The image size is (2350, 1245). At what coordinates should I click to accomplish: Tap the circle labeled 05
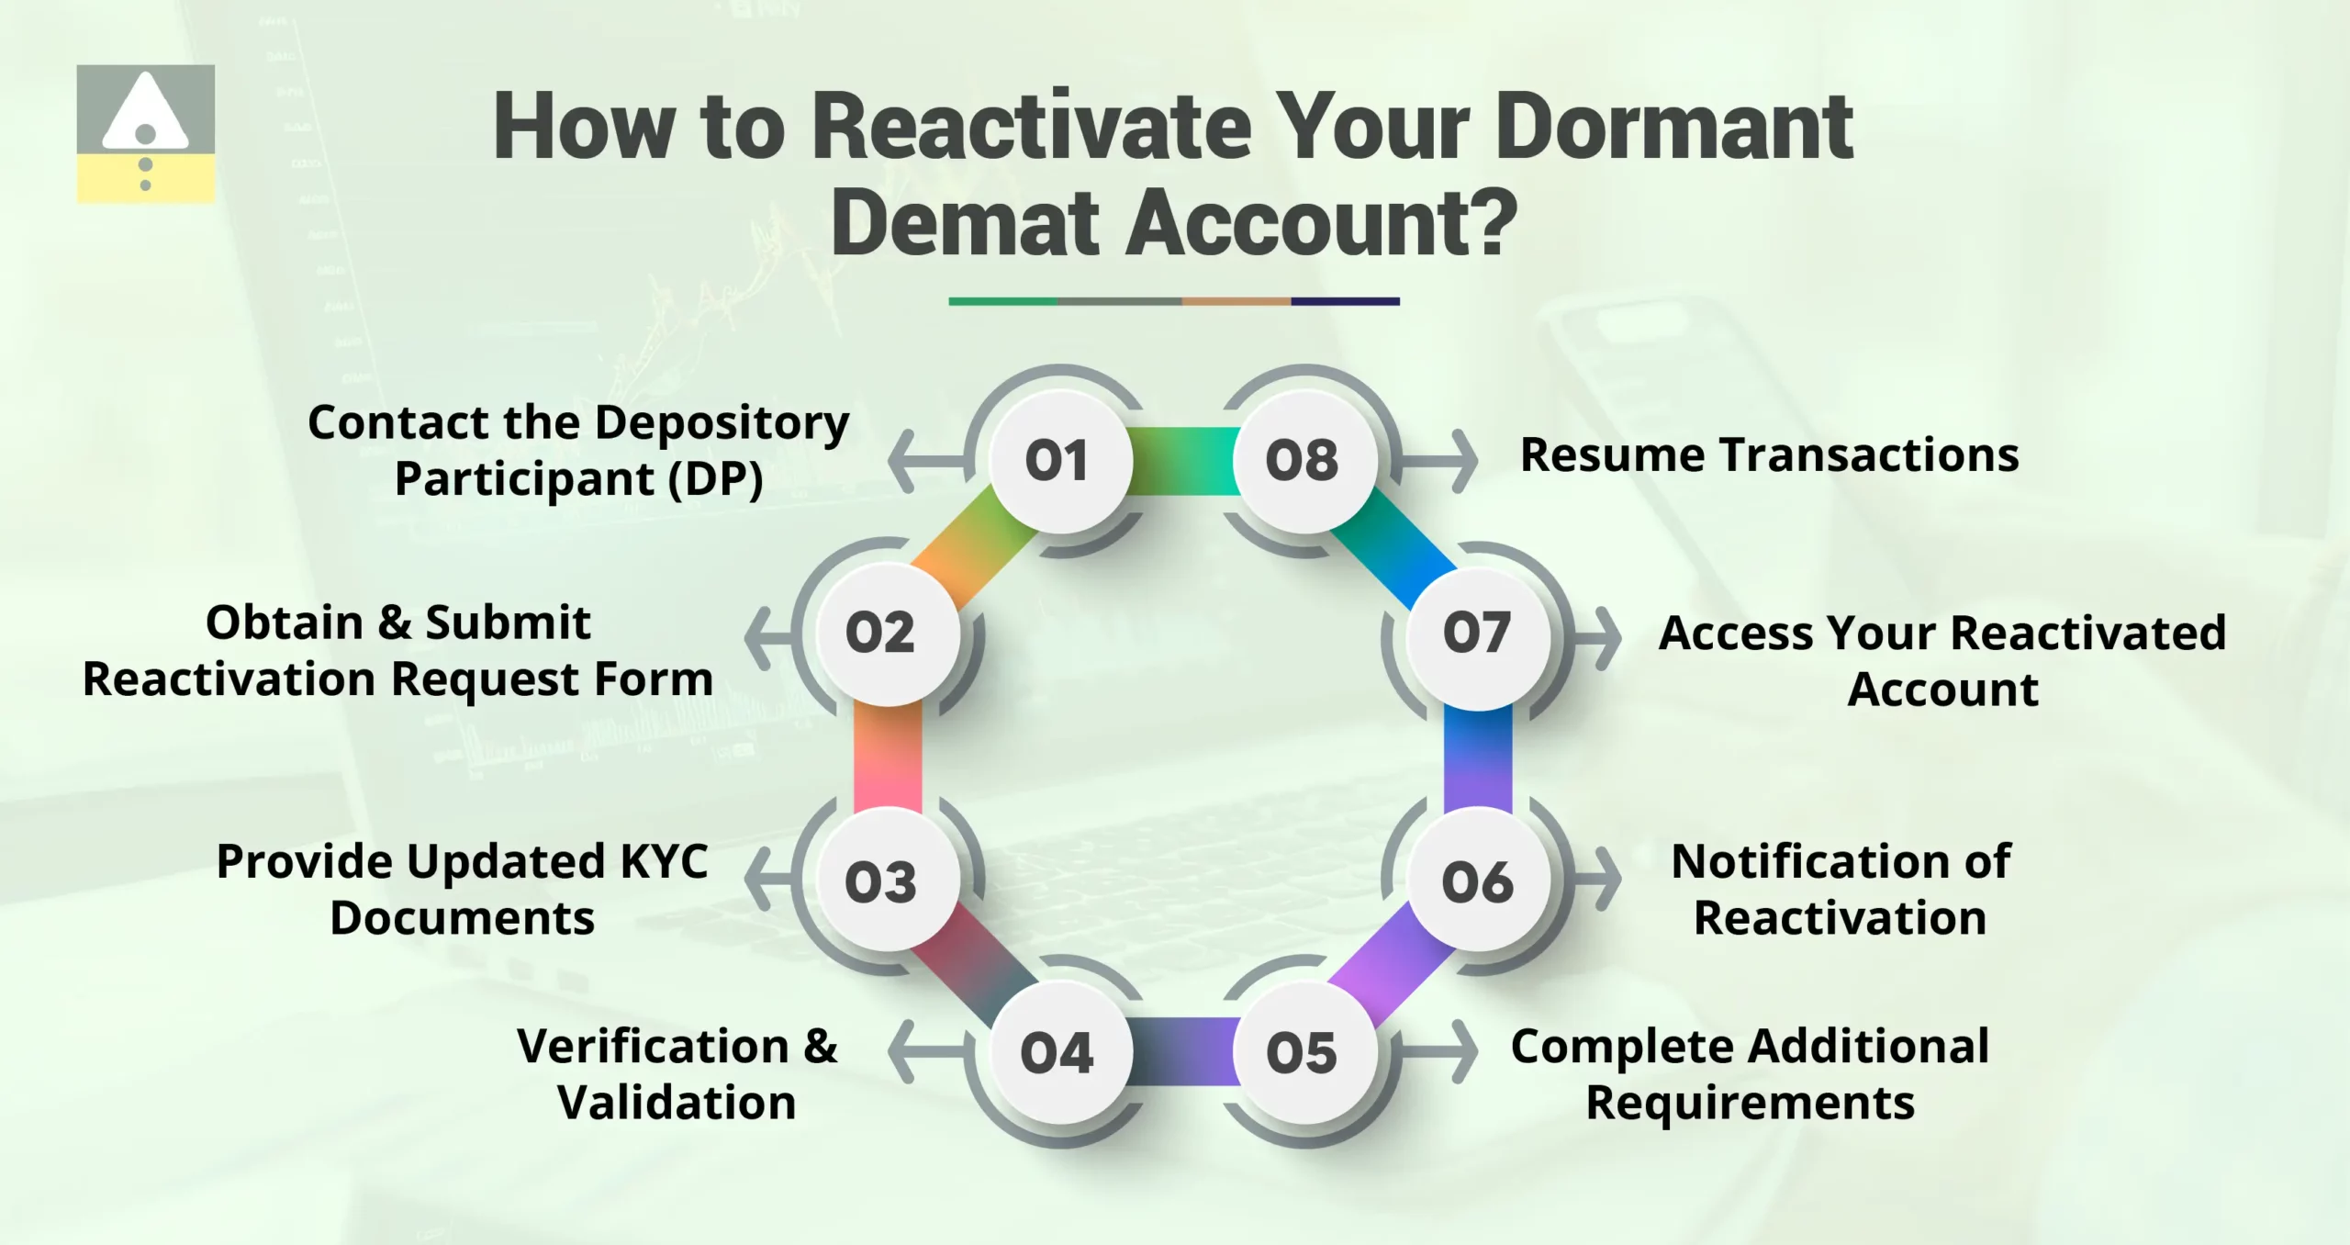click(x=1302, y=1052)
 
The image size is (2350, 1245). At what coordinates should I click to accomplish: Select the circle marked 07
click(x=1477, y=633)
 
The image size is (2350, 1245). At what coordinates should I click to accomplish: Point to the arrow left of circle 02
click(x=769, y=637)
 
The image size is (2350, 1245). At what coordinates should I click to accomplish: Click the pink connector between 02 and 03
click(x=888, y=757)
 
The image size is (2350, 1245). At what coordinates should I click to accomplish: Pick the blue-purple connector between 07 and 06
click(x=1477, y=757)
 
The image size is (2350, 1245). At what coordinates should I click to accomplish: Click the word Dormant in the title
click(x=1673, y=128)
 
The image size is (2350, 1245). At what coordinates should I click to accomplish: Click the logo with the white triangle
click(x=146, y=133)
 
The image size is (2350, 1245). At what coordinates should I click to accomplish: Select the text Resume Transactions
click(x=1769, y=455)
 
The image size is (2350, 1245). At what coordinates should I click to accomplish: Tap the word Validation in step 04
click(x=677, y=1103)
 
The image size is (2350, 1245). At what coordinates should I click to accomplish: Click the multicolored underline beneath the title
click(x=1174, y=301)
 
